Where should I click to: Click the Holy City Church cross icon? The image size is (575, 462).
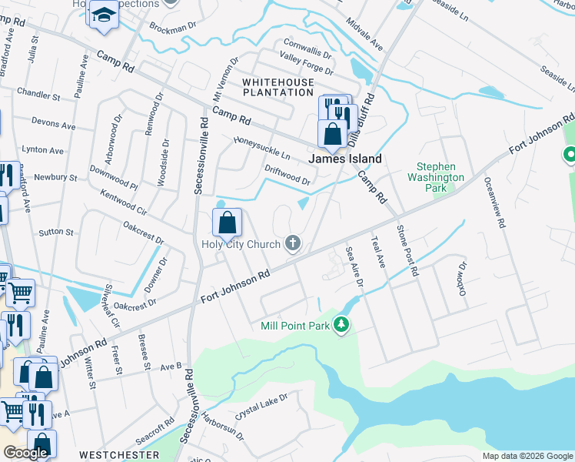click(x=292, y=244)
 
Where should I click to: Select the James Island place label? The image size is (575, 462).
click(x=345, y=159)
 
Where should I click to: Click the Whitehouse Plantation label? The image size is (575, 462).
click(x=278, y=87)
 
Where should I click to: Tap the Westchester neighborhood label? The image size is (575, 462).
click(x=119, y=455)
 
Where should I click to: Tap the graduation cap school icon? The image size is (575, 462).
click(x=102, y=15)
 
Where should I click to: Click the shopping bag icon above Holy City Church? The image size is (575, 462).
click(x=228, y=223)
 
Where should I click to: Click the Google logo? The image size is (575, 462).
click(x=25, y=453)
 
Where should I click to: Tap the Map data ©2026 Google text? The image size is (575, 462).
click(x=528, y=456)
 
